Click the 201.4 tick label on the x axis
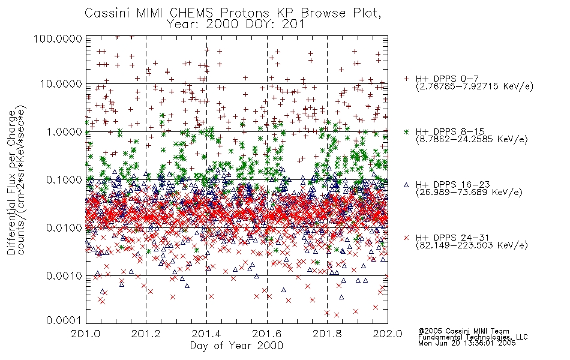tap(206, 334)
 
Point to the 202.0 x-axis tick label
tap(388, 334)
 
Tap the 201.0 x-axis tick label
tap(86, 334)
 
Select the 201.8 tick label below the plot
tap(327, 334)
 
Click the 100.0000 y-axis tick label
tap(58, 38)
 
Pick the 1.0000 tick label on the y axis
tap(64, 131)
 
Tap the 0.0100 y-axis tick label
tap(64, 228)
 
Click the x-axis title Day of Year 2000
tap(236, 345)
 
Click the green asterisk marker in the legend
tap(406, 131)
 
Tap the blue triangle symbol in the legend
tap(406, 185)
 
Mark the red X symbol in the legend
tap(406, 238)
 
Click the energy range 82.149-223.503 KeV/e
tap(472, 245)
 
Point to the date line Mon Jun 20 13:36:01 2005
tap(467, 343)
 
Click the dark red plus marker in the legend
tap(406, 79)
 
